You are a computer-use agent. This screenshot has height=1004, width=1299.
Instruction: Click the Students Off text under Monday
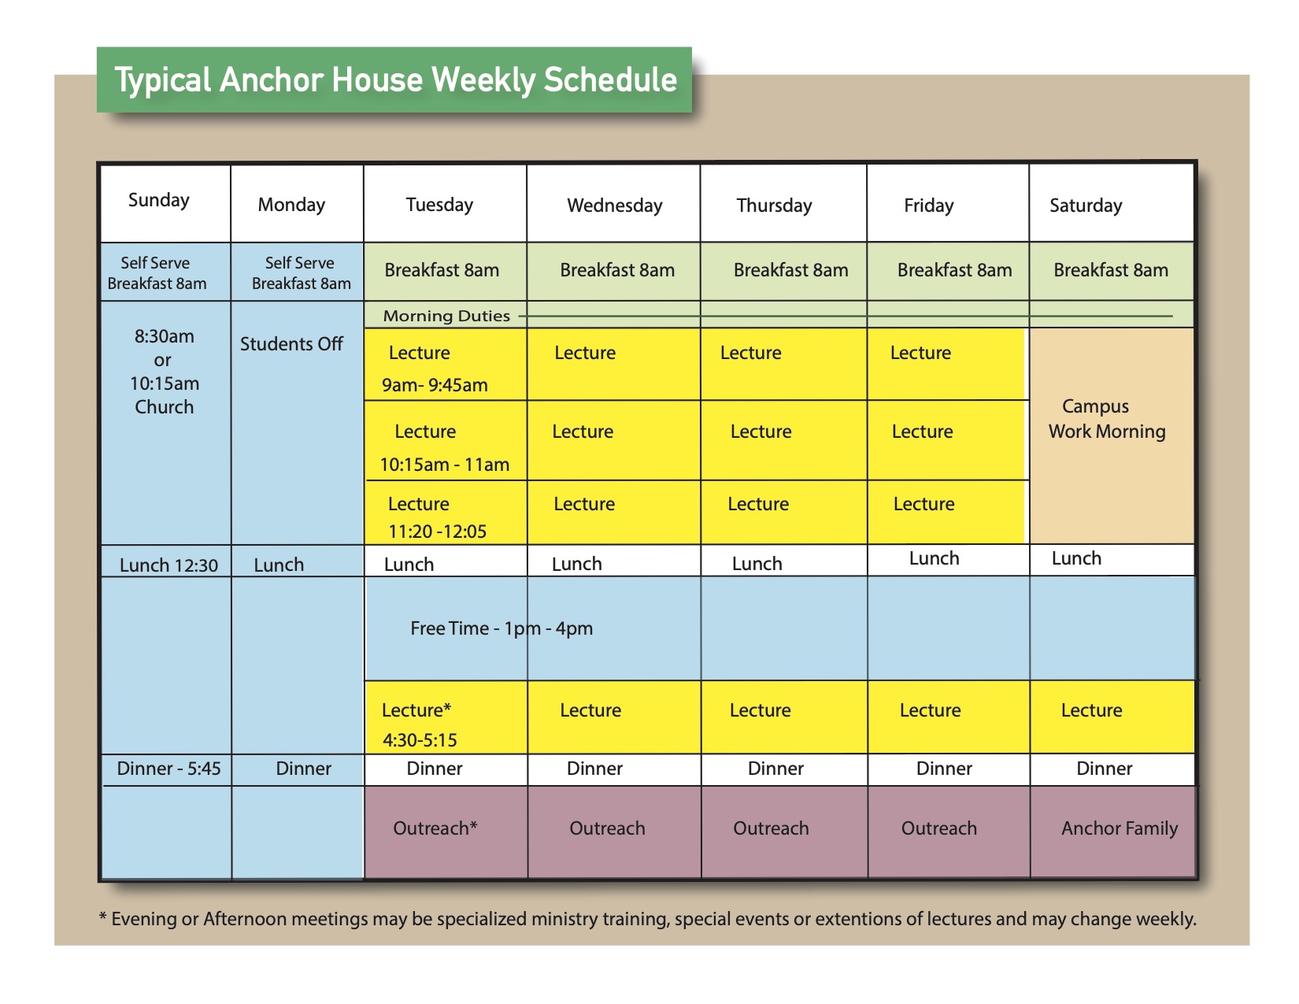tap(291, 344)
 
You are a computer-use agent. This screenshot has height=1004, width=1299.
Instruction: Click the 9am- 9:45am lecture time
tap(435, 385)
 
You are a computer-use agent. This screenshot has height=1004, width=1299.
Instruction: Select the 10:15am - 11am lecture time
tap(444, 465)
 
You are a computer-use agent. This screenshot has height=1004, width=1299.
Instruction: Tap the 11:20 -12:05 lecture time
tap(437, 532)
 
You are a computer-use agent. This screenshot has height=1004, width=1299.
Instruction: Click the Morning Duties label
tap(446, 316)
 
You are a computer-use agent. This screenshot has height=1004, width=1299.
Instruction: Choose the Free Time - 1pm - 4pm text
tap(501, 628)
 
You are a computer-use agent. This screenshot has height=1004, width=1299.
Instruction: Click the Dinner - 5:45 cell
tap(168, 769)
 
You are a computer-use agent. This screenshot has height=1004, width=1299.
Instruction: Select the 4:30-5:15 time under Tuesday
tap(420, 740)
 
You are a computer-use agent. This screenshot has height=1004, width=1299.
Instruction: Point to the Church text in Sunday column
tap(164, 407)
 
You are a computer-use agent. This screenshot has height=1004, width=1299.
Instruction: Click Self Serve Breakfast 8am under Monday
tap(301, 273)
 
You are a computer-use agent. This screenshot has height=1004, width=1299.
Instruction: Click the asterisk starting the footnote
tap(103, 916)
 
